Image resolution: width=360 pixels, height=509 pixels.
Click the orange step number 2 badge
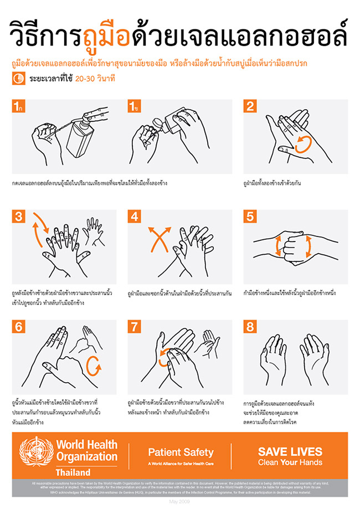[x=251, y=106]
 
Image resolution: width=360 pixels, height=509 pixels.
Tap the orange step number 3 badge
[x=18, y=217]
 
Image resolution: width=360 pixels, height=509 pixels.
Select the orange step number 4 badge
[x=135, y=217]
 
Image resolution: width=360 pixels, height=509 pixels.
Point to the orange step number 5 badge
[x=251, y=217]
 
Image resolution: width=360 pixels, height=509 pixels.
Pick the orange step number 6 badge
[x=18, y=327]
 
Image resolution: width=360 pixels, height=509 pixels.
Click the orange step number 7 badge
[x=135, y=327]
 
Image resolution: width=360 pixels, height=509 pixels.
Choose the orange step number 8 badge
[x=251, y=327]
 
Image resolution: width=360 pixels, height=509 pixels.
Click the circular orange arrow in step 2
[x=302, y=145]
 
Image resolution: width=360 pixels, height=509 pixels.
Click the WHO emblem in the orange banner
[x=37, y=453]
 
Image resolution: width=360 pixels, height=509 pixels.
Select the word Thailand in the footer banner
[x=73, y=472]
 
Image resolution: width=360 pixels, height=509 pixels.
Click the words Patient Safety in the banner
[x=180, y=452]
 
